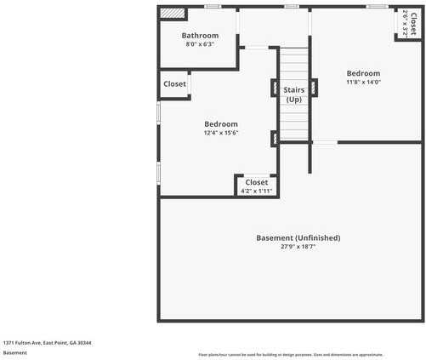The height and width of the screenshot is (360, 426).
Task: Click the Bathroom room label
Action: pos(201,36)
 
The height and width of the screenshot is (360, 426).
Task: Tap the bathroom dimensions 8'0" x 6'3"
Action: pos(201,44)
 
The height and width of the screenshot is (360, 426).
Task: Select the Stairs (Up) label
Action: pos(293,94)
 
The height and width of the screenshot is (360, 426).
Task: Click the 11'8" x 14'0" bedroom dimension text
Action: pos(363,83)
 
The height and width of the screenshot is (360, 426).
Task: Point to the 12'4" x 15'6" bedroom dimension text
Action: pos(220,133)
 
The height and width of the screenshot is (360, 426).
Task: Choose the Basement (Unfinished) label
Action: pos(298,237)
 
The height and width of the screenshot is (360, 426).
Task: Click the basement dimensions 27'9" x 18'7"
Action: pos(298,247)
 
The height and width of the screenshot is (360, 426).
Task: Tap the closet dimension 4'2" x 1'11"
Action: pos(256,191)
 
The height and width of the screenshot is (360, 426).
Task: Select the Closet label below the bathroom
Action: pos(175,84)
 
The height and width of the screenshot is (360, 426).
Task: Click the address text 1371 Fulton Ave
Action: pos(47,342)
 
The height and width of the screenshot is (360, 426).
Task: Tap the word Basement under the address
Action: pos(14,352)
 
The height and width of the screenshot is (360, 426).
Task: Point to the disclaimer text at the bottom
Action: pos(291,354)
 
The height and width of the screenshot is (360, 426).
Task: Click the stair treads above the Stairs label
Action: pos(294,64)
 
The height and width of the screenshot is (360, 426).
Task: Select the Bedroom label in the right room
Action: pos(363,73)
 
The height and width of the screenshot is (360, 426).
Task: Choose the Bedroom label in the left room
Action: pos(220,123)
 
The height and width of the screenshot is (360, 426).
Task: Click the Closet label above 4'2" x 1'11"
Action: pos(256,182)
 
